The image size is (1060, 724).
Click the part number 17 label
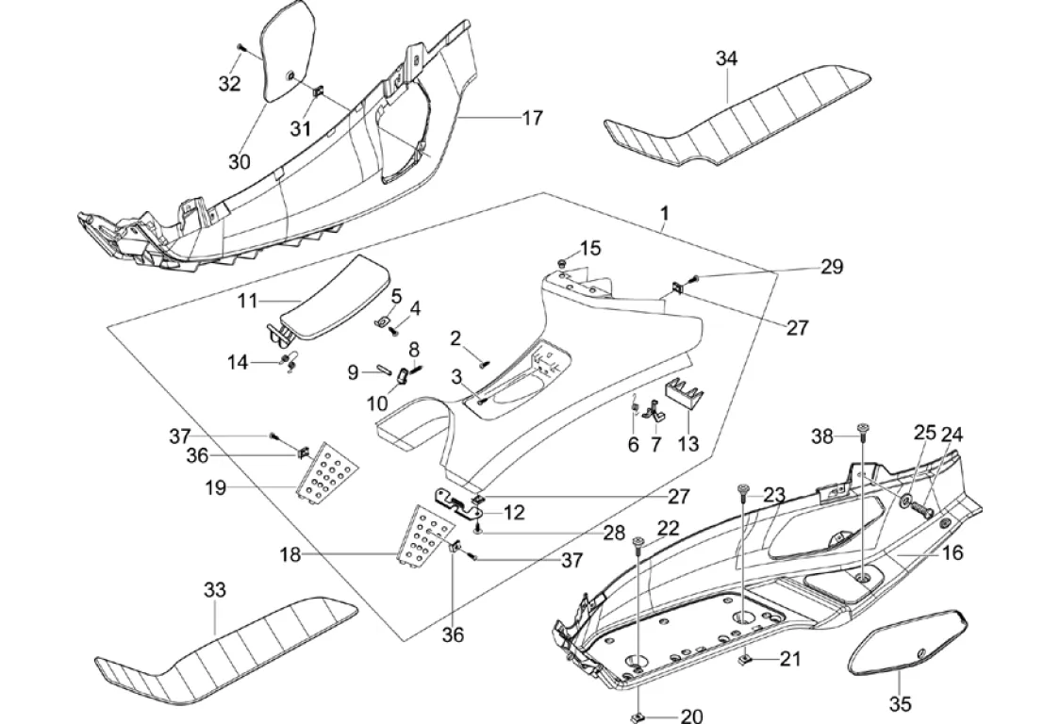[533, 118]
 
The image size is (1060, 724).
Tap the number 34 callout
[726, 58]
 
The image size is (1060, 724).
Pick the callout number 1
[664, 215]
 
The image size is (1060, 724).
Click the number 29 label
[831, 267]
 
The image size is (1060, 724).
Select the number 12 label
[514, 513]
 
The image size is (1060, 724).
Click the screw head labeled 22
[638, 540]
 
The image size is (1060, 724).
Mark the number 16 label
[952, 553]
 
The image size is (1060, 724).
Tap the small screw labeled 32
[241, 45]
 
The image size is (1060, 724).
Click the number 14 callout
[237, 362]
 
